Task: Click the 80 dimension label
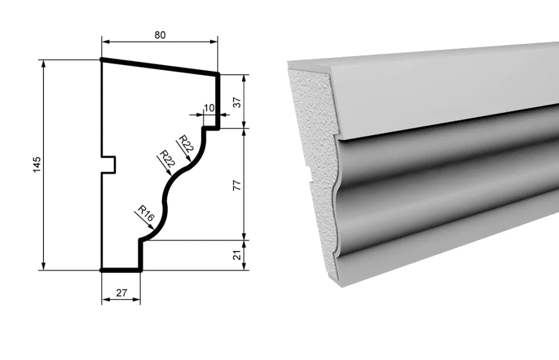pyautogui.click(x=160, y=35)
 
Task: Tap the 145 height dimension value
pyautogui.click(x=37, y=164)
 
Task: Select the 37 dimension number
pyautogui.click(x=237, y=102)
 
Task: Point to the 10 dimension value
pyautogui.click(x=209, y=107)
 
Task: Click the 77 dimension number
pyautogui.click(x=237, y=185)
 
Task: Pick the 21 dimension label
pyautogui.click(x=237, y=255)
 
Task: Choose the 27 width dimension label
pyautogui.click(x=122, y=293)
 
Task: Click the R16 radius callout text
pyautogui.click(x=146, y=213)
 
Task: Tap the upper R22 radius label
pyautogui.click(x=186, y=144)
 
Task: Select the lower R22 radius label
pyautogui.click(x=167, y=159)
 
